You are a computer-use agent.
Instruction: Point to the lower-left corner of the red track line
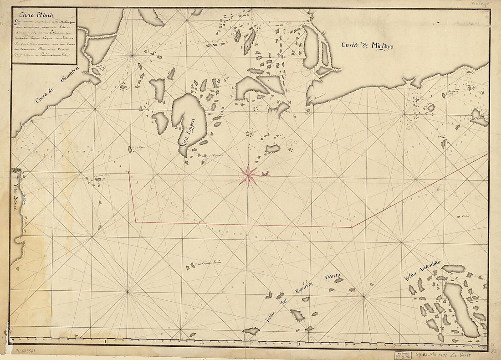pos(136,222)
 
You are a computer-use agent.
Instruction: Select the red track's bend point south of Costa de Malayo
pos(352,227)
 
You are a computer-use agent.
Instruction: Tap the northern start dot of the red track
pos(129,172)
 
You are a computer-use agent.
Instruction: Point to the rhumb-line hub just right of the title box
pos(132,55)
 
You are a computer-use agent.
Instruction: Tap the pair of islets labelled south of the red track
pos(190,266)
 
